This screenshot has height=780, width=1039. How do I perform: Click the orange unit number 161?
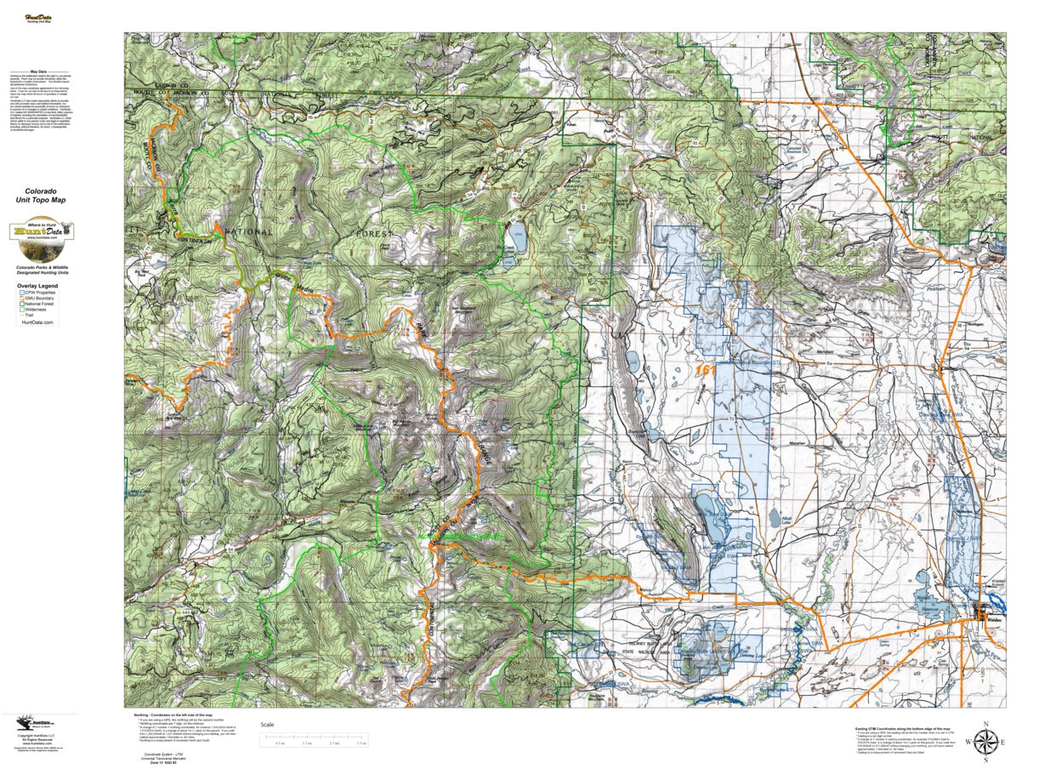click(705, 371)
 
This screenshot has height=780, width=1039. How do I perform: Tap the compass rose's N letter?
click(985, 725)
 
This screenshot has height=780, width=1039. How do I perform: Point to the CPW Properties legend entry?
click(37, 293)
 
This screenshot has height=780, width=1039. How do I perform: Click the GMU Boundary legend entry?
click(38, 299)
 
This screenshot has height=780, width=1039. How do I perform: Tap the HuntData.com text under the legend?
click(37, 323)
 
